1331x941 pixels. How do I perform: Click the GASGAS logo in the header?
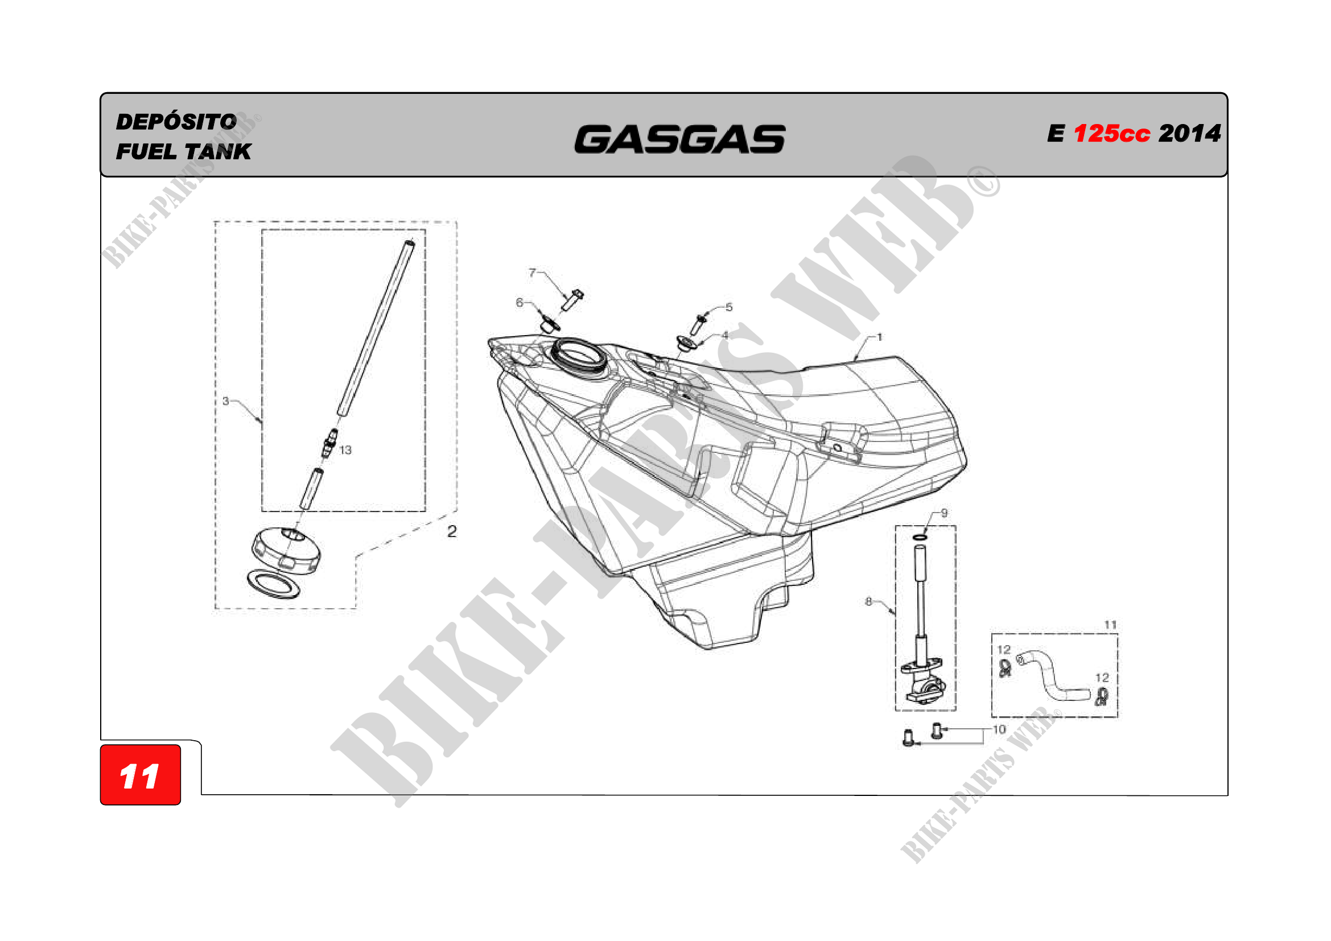[679, 139]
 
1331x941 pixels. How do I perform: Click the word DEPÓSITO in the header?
[176, 121]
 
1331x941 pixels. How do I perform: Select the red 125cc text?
[1111, 134]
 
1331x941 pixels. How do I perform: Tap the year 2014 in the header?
[1189, 134]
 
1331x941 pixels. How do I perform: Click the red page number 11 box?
[141, 775]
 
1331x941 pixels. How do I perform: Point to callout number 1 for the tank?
[879, 337]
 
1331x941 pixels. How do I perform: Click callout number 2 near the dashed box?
[452, 531]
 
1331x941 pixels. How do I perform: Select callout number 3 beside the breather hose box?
[225, 401]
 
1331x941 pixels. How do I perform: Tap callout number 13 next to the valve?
[345, 450]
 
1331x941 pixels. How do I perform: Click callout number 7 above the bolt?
[532, 273]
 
